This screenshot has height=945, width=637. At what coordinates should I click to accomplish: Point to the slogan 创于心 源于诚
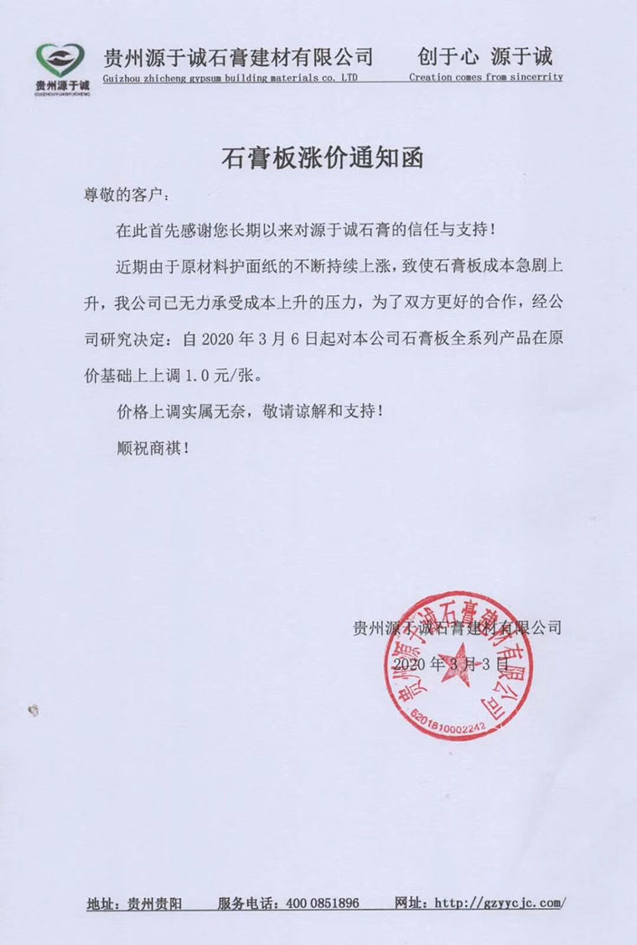point(485,56)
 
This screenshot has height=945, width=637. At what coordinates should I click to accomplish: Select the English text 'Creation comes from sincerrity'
point(485,76)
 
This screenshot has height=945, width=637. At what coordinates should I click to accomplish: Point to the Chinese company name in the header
point(237,56)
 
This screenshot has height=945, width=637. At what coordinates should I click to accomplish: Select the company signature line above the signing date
point(456,626)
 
